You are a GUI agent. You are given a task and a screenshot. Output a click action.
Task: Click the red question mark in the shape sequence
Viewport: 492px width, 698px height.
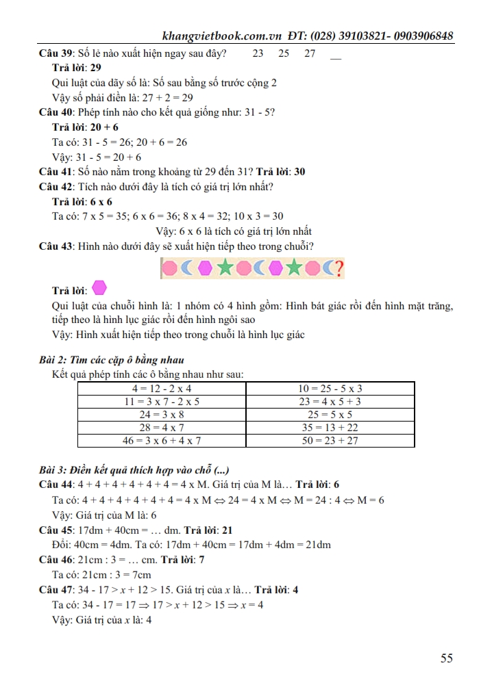click(337, 268)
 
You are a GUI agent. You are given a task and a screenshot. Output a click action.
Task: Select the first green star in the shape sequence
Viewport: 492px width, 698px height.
click(223, 268)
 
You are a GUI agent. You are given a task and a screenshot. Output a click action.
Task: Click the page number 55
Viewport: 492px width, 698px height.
click(447, 658)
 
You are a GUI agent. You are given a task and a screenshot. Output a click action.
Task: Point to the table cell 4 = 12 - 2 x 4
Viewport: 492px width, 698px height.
click(162, 389)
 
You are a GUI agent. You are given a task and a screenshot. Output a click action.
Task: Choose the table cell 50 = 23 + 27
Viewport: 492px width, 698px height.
click(330, 441)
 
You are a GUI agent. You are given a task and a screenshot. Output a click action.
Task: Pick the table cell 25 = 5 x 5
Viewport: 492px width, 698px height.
click(330, 415)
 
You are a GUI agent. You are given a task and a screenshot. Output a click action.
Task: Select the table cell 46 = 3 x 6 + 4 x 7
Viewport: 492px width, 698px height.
click(162, 441)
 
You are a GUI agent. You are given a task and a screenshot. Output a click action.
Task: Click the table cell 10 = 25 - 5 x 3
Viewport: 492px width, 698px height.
click(330, 389)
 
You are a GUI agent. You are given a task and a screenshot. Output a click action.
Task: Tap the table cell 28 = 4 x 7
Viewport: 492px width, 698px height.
click(162, 428)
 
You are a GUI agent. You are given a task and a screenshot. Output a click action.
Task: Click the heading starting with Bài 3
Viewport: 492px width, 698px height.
click(134, 470)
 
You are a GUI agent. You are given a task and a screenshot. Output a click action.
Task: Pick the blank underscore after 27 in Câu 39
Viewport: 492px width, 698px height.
click(335, 54)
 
